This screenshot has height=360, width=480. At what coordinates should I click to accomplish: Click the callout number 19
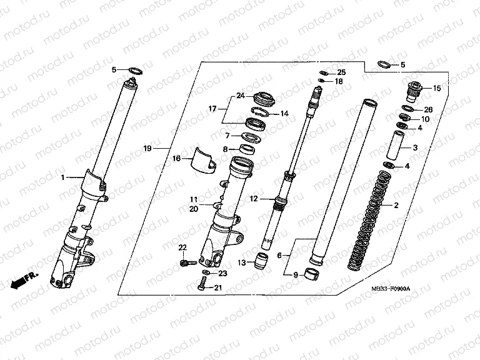coord(147,149)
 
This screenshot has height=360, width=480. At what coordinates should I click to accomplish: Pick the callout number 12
coord(254,199)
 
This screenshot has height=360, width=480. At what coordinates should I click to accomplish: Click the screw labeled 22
coord(183,264)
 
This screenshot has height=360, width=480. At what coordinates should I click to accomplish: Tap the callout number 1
coord(63,178)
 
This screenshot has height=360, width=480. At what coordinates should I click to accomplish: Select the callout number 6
coord(279,255)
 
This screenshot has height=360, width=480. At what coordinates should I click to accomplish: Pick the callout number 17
coord(212,108)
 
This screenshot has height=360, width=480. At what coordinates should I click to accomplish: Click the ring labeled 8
coord(247,149)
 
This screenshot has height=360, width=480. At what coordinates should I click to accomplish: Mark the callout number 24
coord(239,96)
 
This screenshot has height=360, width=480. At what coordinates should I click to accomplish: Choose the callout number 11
coord(194,199)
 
